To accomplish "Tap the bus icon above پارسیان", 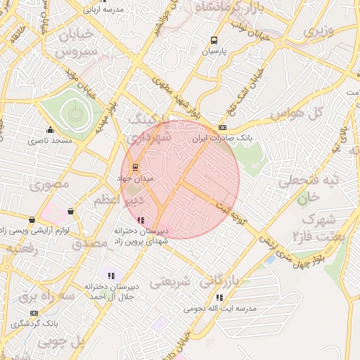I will (x=213, y=40).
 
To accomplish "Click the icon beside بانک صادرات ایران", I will (x=223, y=127).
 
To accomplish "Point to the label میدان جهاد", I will (x=139, y=179).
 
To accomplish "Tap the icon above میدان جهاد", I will (x=136, y=167).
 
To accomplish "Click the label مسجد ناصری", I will (x=51, y=141).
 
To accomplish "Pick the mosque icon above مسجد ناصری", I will (x=50, y=130).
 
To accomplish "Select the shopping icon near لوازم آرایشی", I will (x=70, y=211).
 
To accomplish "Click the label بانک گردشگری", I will (x=35, y=324).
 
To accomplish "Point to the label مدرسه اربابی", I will (x=103, y=9).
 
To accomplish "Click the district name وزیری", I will (x=318, y=32).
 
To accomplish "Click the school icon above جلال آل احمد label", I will (x=111, y=275).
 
